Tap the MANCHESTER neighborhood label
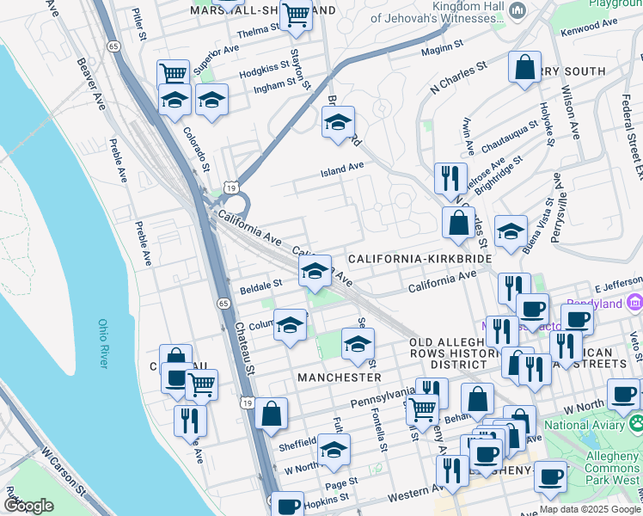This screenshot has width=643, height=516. pos(339,378)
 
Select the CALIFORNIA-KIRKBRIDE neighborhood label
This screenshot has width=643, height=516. pos(419,258)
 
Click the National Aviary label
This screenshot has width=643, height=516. pos(590,425)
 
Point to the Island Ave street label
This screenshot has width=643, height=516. pos(342,170)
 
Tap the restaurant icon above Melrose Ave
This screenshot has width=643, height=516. pos(450,178)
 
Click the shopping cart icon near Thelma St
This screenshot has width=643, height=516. pos(296,14)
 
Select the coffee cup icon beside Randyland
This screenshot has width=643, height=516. pos(577,320)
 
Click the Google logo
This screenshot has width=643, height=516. pos(29,506)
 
